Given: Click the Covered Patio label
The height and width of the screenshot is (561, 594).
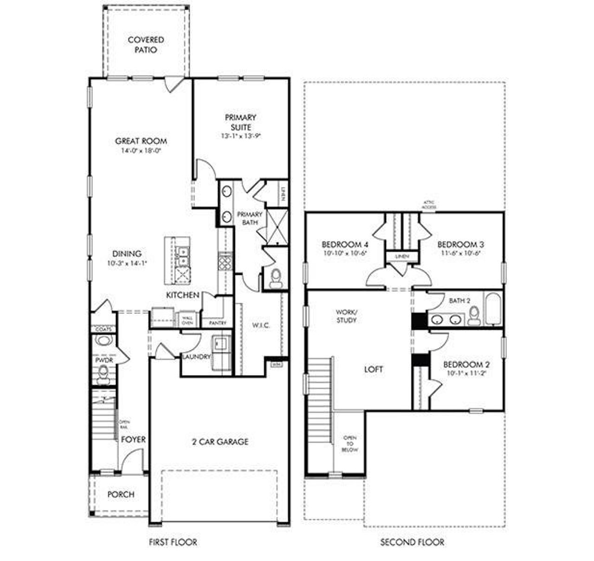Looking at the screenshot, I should tap(146, 45).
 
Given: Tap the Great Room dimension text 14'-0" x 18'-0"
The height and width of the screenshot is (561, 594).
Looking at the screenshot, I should tap(141, 151).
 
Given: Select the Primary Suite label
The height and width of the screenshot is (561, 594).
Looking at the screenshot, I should tap(240, 122).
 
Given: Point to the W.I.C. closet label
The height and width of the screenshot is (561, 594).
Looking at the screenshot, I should tap(260, 325).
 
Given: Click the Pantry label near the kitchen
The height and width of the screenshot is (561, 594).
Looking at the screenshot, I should tap(218, 322).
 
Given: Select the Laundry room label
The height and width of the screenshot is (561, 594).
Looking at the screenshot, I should tap(196, 356).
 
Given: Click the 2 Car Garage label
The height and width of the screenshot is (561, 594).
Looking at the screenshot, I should tap(220, 442).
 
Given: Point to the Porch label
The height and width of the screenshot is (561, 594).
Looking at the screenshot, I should tap(121, 495).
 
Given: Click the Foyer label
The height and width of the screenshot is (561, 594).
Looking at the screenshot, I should tap(133, 439).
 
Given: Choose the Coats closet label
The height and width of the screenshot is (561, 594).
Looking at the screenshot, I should tap(103, 329).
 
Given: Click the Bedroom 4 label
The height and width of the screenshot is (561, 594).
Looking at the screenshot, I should tap(345, 244).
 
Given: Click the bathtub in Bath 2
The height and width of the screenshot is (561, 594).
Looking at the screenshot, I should tap(493, 309).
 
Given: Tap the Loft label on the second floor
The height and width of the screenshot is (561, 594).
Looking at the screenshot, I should tap(374, 370).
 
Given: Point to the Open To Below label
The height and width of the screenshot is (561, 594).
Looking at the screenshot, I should tap(350, 444).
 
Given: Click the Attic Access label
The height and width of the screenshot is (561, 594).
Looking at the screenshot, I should tap(429, 205).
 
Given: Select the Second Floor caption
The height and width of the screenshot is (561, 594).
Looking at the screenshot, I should tap(412, 542).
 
